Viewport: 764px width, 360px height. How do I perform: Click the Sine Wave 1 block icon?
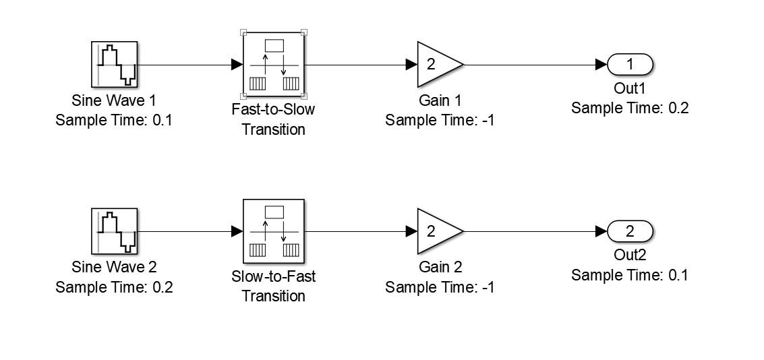(114, 65)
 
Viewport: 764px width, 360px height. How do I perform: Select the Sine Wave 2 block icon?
(114, 231)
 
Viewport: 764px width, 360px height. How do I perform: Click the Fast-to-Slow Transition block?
(273, 65)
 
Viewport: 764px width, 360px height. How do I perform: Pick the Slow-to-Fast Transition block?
(273, 231)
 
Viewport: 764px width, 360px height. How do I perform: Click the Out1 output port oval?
(630, 65)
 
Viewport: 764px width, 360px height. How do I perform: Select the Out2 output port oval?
(630, 231)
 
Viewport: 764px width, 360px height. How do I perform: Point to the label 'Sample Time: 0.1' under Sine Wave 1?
(114, 120)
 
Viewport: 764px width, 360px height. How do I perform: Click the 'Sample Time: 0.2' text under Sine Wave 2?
(114, 287)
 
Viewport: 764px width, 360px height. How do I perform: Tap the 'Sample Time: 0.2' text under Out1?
(630, 108)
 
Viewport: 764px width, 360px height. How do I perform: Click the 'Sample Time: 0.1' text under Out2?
(630, 275)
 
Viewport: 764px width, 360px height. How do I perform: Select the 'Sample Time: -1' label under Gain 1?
(440, 120)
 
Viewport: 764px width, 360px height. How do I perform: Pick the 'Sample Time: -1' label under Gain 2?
(440, 287)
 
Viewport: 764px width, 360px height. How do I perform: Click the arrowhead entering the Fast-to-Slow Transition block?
(237, 65)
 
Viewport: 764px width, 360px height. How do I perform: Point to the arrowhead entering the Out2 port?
(601, 231)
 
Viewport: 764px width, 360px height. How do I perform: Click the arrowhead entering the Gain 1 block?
(411, 65)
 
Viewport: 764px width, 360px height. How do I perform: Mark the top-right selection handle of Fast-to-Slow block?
(304, 32)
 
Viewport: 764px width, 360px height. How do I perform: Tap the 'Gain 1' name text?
(440, 101)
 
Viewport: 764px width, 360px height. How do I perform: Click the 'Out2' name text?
(630, 256)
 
